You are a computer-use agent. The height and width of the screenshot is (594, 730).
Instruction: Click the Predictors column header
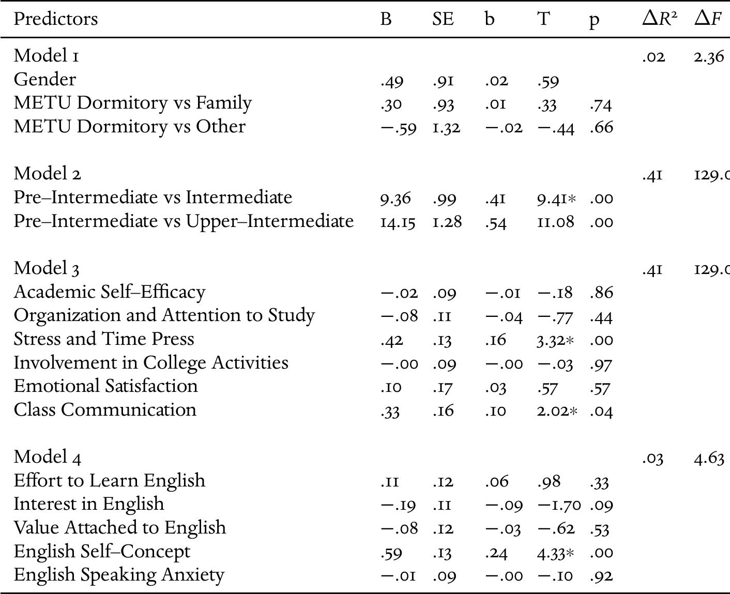click(x=55, y=19)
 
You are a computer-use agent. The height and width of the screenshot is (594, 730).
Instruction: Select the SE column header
click(x=443, y=19)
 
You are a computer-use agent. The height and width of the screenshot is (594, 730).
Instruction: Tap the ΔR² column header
click(x=659, y=19)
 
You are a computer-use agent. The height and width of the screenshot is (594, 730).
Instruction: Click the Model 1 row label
click(x=47, y=55)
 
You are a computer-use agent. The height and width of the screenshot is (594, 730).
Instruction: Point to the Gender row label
click(x=44, y=79)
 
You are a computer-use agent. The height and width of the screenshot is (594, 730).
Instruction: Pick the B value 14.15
click(x=398, y=222)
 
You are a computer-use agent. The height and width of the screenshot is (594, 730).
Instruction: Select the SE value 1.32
click(x=446, y=127)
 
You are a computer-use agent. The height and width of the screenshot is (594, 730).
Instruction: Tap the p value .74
click(x=600, y=104)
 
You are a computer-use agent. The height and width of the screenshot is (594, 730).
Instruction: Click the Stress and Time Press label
click(x=104, y=339)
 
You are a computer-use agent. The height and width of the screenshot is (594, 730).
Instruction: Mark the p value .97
click(x=601, y=364)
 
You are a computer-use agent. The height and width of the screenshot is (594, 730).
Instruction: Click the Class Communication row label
click(x=105, y=409)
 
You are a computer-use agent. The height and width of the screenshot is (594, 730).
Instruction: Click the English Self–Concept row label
click(x=102, y=551)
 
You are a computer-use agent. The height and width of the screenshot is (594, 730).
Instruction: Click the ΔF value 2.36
click(x=709, y=56)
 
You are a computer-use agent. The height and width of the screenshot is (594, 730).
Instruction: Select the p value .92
click(x=601, y=576)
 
